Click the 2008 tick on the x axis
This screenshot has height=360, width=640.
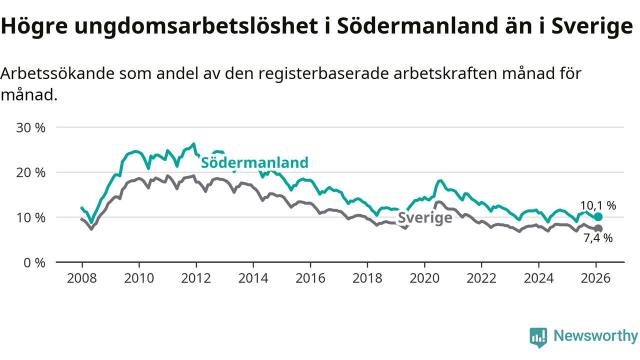[x=81, y=277]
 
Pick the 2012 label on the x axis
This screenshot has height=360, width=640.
[x=196, y=277]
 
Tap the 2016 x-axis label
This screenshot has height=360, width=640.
[x=310, y=277]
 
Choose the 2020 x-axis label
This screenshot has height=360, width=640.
[x=424, y=277]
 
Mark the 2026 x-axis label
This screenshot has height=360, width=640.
[x=596, y=277]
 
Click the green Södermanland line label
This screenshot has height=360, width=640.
[x=254, y=162]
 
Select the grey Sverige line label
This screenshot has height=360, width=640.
[x=425, y=218]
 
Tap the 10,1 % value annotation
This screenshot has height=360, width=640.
[x=598, y=205]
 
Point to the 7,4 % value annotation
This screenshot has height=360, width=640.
[x=598, y=238]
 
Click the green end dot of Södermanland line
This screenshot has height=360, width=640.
[x=598, y=216]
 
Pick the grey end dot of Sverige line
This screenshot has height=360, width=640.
[x=598, y=228]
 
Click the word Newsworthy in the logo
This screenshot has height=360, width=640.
[x=595, y=336]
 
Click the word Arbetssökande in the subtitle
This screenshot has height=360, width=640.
[x=58, y=73]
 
